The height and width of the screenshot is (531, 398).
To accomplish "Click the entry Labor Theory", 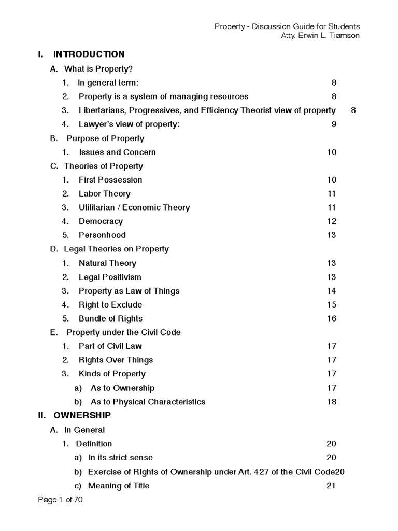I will pyautogui.click(x=104, y=194).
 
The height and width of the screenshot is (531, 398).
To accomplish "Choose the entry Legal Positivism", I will pyautogui.click(x=110, y=277).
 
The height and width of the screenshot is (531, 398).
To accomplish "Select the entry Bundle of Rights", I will pyautogui.click(x=110, y=319).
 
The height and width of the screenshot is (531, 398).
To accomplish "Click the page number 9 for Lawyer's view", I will pyautogui.click(x=334, y=124).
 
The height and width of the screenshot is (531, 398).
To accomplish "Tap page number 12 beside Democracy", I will pyautogui.click(x=332, y=222).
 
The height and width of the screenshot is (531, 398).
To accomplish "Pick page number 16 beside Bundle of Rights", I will pyautogui.click(x=332, y=319).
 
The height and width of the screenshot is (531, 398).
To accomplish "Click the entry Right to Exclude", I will pyautogui.click(x=110, y=305).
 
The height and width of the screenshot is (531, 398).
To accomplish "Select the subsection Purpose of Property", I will pyautogui.click(x=105, y=138).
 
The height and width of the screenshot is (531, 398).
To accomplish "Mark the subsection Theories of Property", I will pyautogui.click(x=103, y=166).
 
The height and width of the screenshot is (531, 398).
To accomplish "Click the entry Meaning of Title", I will pyautogui.click(x=119, y=486).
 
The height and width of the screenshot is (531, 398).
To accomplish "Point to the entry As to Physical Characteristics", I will pyautogui.click(x=148, y=402).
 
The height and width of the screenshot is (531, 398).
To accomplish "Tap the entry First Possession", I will pyautogui.click(x=110, y=180).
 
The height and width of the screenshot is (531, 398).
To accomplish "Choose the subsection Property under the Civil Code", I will pyautogui.click(x=123, y=332).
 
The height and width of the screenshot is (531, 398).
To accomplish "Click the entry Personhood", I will pyautogui.click(x=102, y=235).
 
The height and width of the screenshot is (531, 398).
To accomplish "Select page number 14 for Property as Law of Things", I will pyautogui.click(x=332, y=291).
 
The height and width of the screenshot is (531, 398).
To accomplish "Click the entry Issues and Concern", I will pyautogui.click(x=117, y=152).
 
